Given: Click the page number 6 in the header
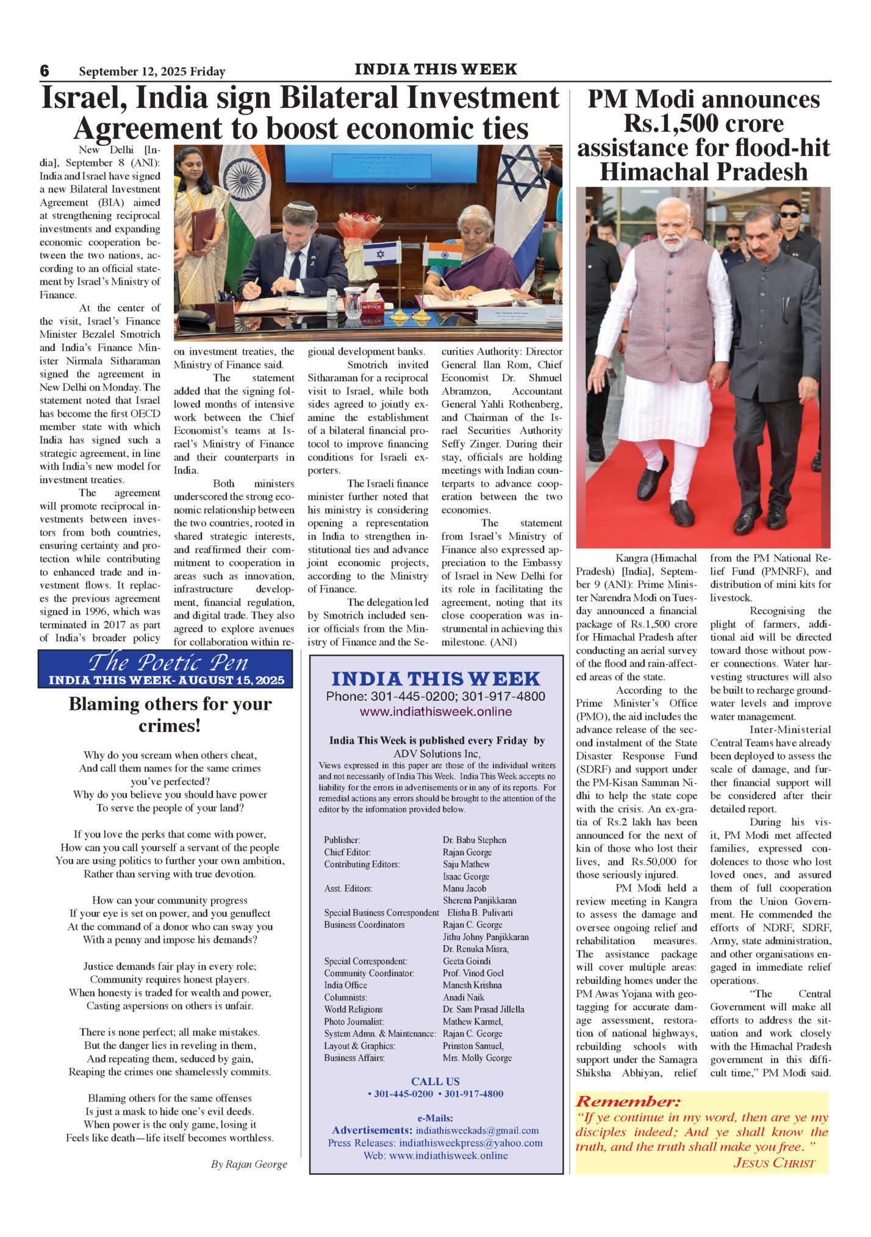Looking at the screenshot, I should [45, 71].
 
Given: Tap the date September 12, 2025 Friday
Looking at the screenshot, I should [152, 71].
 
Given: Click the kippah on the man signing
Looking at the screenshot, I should [301, 206].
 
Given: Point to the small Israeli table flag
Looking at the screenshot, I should [382, 253].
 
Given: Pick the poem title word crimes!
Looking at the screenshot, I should [170, 726].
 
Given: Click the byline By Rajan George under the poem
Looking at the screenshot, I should [249, 1164].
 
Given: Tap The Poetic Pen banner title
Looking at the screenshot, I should [168, 662].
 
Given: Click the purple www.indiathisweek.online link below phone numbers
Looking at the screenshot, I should [436, 712].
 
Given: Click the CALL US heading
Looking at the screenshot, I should [435, 1081].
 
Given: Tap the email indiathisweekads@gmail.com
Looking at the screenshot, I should [477, 1130].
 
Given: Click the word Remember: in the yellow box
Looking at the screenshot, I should [628, 1102].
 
